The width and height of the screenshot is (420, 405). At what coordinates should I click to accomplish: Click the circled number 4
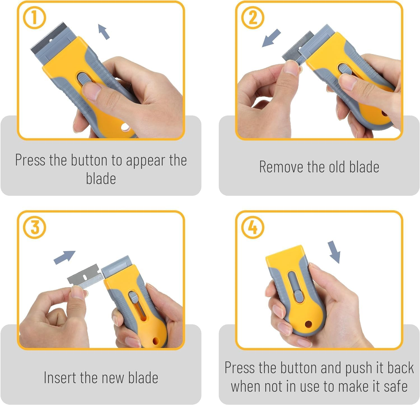click(x=253, y=227)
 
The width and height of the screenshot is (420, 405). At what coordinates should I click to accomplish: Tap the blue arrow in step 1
click(x=104, y=31)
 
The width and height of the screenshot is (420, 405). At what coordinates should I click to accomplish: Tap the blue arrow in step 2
click(x=271, y=38)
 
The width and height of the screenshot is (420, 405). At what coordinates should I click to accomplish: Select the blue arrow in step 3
click(x=65, y=257)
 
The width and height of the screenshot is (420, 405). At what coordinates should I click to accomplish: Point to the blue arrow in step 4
click(x=334, y=252)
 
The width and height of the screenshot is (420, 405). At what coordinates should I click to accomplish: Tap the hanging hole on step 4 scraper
click(x=308, y=324)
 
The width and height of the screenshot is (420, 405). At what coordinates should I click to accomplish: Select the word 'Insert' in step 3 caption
click(x=60, y=378)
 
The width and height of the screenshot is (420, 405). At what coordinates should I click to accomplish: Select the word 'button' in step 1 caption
click(x=89, y=160)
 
